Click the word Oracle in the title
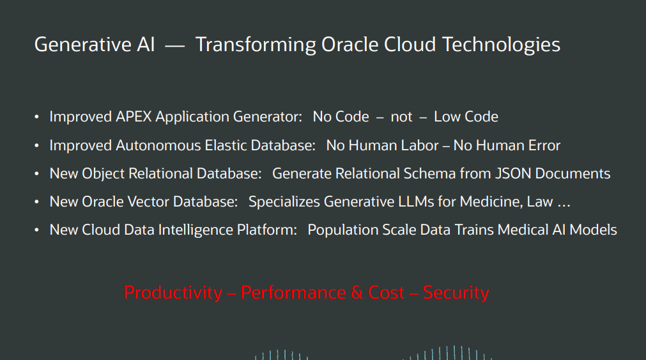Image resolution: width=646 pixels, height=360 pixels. pos(350,45)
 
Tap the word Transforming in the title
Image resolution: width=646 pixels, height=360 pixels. pos(256,45)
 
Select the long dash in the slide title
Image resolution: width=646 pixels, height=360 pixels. pos(174,46)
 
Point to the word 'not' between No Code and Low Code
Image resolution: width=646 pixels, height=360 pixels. pos(401,117)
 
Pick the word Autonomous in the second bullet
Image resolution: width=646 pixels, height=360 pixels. pos(158,146)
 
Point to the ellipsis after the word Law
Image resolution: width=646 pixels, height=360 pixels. pos(564,206)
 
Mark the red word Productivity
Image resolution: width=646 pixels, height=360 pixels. pos(173,293)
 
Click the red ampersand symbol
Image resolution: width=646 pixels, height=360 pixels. pos(357,293)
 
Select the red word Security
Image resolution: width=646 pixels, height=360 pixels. pos(456,293)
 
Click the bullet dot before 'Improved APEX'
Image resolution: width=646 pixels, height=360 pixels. pos(36,117)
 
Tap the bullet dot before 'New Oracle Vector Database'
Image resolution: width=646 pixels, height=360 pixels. pos(36,202)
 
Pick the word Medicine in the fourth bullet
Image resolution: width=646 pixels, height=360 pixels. pos(490,201)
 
